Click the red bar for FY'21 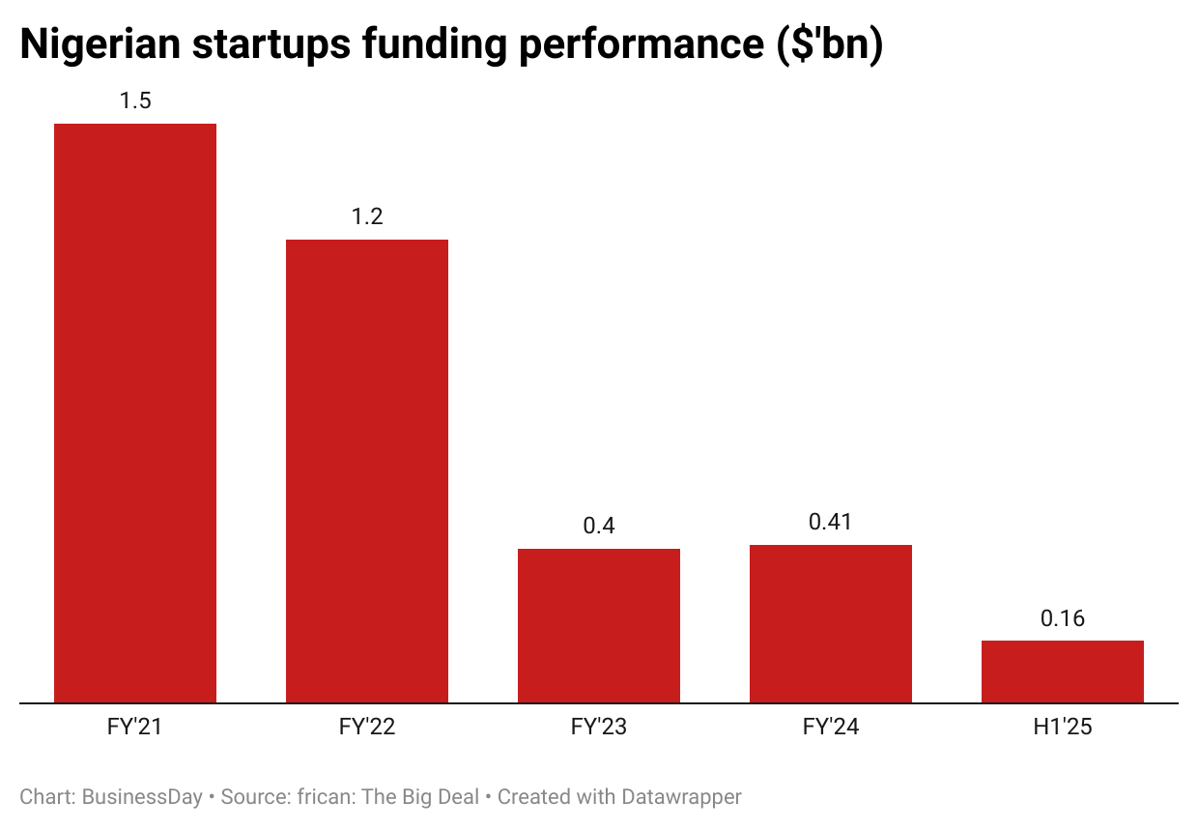135,413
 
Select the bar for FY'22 367,471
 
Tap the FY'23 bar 599,625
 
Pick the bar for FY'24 831,623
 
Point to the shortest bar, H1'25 1063,672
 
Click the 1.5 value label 135,100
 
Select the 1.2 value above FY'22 367,216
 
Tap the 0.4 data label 599,526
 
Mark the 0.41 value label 831,522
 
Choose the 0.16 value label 1063,618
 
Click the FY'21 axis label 135,728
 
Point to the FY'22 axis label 367,728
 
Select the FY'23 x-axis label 599,728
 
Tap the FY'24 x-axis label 831,728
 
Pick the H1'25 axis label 1063,728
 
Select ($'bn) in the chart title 829,45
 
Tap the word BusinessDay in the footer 142,797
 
